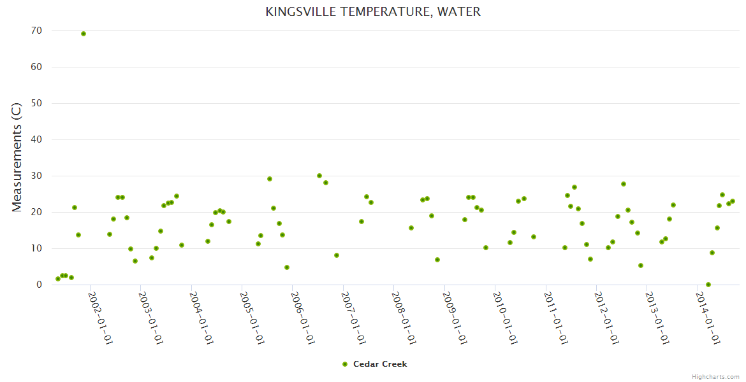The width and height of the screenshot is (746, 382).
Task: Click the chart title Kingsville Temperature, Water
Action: (x=373, y=12)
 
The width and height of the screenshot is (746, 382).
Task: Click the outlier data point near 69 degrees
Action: (x=84, y=34)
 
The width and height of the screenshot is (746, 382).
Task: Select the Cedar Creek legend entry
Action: (x=379, y=364)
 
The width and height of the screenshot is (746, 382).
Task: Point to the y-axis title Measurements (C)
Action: (x=17, y=157)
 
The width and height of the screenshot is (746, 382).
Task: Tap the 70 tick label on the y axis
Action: (x=36, y=31)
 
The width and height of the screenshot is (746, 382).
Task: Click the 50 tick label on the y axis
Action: (x=36, y=103)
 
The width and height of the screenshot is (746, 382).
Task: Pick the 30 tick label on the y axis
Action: (x=36, y=176)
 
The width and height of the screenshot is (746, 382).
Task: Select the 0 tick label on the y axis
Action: (x=40, y=285)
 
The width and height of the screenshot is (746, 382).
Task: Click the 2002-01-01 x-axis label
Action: (x=100, y=318)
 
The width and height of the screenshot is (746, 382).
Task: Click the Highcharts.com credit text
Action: (x=716, y=377)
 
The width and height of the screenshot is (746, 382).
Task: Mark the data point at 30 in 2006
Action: (x=319, y=176)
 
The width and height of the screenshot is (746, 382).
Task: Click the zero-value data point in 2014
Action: (x=708, y=285)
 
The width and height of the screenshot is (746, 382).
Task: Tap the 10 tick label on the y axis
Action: (x=36, y=248)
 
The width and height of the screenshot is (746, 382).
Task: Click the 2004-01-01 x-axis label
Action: (x=201, y=318)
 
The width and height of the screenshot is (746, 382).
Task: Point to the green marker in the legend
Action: (x=345, y=364)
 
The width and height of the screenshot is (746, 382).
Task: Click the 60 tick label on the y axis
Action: (x=36, y=67)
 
